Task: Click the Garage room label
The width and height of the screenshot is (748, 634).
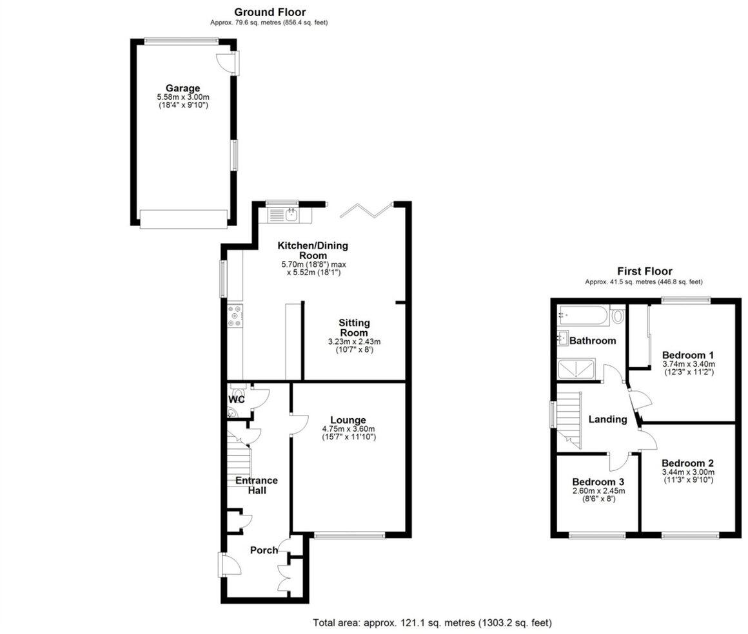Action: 182,88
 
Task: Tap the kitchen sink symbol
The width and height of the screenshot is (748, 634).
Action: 291,214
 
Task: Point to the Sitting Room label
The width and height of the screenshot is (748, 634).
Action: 355,327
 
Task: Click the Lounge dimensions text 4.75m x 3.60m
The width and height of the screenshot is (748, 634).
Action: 348,429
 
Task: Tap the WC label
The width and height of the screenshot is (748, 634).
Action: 237,399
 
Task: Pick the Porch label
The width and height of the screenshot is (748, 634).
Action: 264,550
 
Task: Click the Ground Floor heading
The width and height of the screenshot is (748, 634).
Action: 270,12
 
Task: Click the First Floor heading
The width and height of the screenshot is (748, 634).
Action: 644,271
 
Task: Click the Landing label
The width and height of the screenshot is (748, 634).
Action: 607,419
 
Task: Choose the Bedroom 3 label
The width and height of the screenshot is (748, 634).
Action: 598,482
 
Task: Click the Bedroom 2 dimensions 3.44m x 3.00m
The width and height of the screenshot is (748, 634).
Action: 687,472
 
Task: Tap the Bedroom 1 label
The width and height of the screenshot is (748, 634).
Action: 687,355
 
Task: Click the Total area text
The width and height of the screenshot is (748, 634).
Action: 432,623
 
